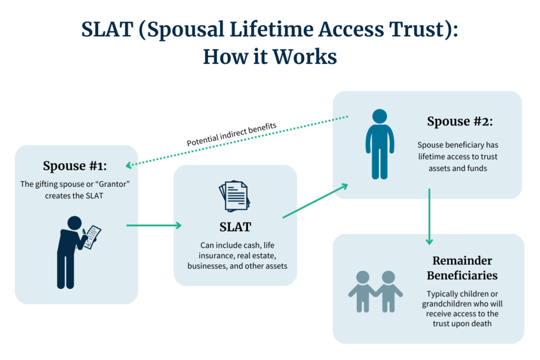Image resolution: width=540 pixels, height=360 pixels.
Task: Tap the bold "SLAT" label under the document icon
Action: [235, 227]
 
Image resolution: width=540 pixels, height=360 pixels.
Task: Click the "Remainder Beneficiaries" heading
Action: [462, 268]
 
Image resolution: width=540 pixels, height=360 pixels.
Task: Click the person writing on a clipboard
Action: [74, 251]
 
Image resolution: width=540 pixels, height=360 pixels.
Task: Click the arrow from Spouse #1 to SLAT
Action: [153, 226]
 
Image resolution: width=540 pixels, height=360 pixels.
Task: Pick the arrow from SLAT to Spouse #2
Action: [315, 201]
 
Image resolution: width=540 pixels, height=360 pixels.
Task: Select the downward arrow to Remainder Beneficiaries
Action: [429, 217]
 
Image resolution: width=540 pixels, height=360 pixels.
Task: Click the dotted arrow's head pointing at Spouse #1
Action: [129, 166]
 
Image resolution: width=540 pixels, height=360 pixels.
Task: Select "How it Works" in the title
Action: [269, 56]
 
